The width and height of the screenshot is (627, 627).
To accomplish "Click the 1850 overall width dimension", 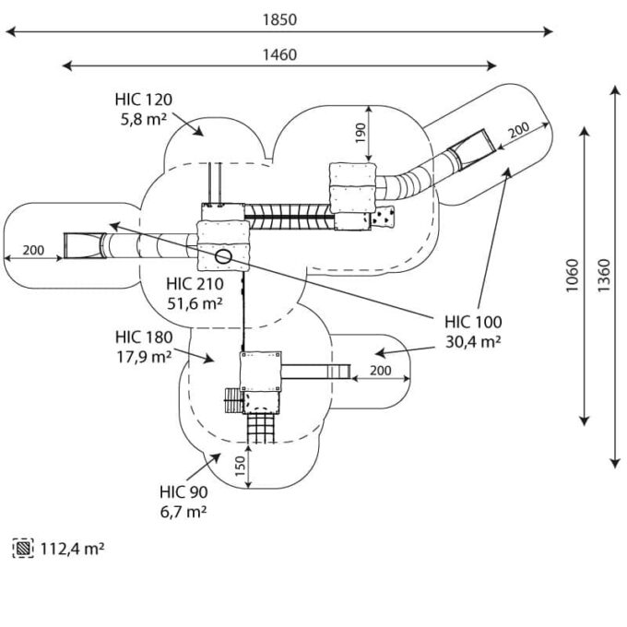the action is (x=279, y=19).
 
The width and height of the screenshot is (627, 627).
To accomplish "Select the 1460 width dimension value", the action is (x=279, y=54).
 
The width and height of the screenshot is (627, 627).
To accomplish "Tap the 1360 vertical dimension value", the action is (x=604, y=276).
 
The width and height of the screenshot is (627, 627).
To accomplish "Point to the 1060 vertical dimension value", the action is (x=573, y=276).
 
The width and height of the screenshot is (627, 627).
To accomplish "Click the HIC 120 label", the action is (x=144, y=100).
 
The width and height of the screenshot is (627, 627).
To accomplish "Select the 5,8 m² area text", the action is (x=144, y=119).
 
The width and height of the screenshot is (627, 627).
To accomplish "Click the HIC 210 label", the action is (x=195, y=284).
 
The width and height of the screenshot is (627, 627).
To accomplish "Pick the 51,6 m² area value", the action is (x=195, y=304).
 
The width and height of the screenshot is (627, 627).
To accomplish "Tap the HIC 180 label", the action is (x=144, y=337).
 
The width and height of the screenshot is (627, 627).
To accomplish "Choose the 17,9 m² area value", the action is (x=144, y=357).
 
